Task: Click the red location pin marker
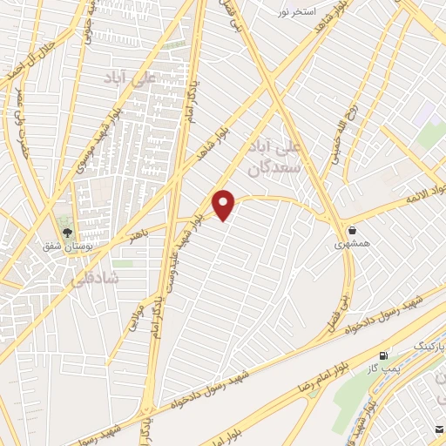pos(225,204)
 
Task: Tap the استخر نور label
pos(295,11)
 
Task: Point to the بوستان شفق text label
pos(66,247)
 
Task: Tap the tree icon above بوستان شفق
pos(67,233)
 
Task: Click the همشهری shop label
pos(351,246)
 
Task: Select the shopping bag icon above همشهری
pos(352,231)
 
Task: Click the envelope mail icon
pos(439,429)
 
